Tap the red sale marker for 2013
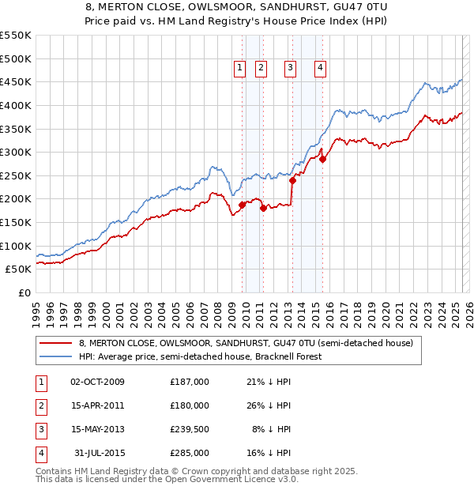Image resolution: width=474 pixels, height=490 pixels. pyautogui.click(x=292, y=180)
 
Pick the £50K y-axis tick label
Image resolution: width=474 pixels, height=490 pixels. pyautogui.click(x=19, y=269)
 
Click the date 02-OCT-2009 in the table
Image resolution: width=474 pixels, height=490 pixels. pyautogui.click(x=98, y=382)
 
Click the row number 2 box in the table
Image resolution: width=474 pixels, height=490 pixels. pyautogui.click(x=40, y=405)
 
